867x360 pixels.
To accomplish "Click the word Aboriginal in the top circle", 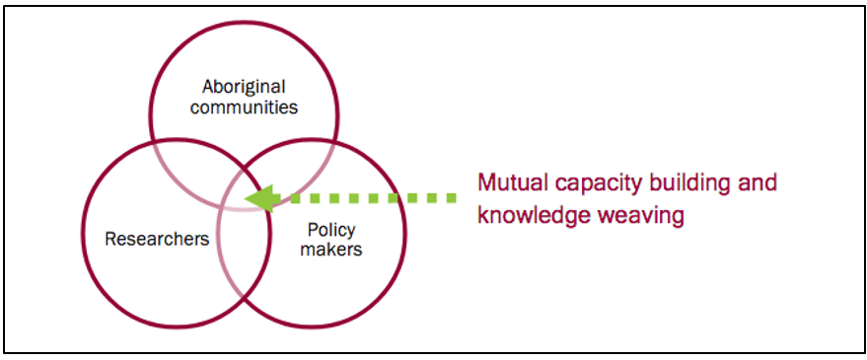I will click(x=244, y=86).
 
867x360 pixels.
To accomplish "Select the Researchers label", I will click(x=157, y=239).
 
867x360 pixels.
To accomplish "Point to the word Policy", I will click(x=330, y=230).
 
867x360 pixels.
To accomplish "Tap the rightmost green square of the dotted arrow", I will click(x=452, y=198).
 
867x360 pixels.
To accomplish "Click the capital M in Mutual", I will click(x=485, y=183).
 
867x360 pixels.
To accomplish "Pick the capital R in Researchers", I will click(x=110, y=239).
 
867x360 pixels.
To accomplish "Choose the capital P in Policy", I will click(x=312, y=230).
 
